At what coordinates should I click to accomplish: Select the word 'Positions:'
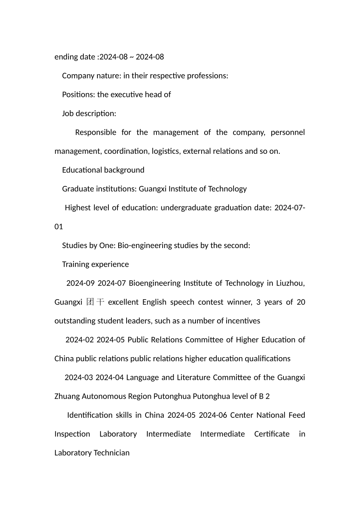click(78, 95)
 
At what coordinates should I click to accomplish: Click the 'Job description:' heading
click(89, 114)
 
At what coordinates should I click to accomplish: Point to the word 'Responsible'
click(95, 133)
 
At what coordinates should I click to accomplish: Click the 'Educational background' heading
click(103, 170)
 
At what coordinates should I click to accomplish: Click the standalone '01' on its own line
click(59, 227)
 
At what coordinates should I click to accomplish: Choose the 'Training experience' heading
click(95, 264)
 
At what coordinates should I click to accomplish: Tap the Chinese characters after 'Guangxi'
click(95, 302)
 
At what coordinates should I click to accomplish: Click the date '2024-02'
click(80, 340)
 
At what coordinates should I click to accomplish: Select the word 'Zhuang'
click(67, 397)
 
